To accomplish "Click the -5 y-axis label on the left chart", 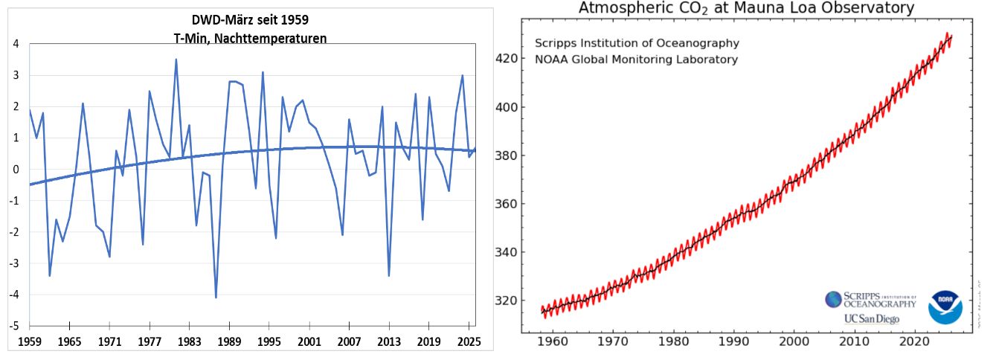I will [x=13, y=326].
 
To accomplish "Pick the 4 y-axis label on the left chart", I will [x=16, y=44].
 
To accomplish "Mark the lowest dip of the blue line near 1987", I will [x=216, y=298].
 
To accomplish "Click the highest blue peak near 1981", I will [x=176, y=60].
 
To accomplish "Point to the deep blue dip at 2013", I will [x=389, y=276].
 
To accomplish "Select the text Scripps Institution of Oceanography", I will [x=637, y=43].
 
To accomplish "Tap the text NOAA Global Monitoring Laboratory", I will [x=637, y=60].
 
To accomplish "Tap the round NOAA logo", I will [x=945, y=307].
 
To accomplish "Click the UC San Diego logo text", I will [x=871, y=318].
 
